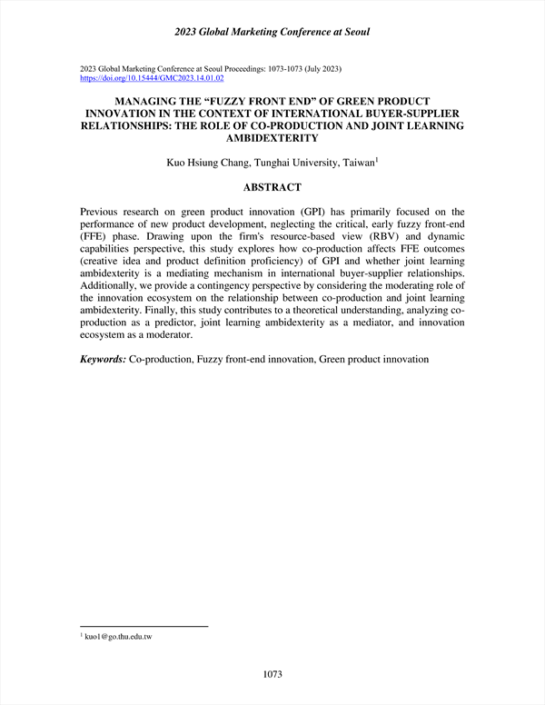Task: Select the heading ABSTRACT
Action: pyautogui.click(x=272, y=187)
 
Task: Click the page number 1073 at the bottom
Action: pyautogui.click(x=272, y=673)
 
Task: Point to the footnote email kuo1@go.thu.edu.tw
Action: pyautogui.click(x=118, y=638)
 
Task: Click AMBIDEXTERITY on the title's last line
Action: pyautogui.click(x=272, y=139)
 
